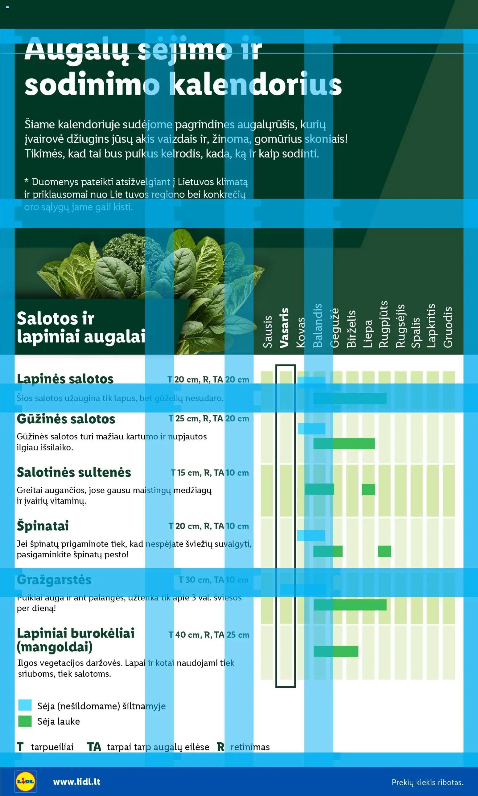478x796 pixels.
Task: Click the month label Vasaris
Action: (284, 328)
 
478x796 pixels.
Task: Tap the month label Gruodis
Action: (448, 327)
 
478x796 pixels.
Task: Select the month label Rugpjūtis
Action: (383, 324)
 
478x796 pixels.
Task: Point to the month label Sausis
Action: (268, 332)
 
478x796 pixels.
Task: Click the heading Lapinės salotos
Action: (65, 379)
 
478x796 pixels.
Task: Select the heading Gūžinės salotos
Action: (66, 419)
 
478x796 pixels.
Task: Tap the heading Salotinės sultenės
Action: (74, 472)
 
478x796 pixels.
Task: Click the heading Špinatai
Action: (43, 526)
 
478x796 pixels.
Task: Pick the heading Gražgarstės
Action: (54, 580)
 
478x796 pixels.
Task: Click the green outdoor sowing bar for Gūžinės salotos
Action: (344, 443)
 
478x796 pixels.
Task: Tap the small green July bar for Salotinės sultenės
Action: (368, 489)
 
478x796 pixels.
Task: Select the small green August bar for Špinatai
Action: (384, 551)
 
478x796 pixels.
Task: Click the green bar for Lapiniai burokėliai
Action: (336, 651)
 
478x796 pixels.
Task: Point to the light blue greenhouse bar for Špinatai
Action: (311, 535)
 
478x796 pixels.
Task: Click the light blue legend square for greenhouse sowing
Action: (25, 705)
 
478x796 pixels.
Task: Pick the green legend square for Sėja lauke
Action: (25, 721)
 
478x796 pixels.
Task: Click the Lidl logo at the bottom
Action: (26, 781)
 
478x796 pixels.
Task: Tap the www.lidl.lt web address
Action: (77, 782)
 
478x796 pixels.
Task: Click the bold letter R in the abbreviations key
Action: (220, 747)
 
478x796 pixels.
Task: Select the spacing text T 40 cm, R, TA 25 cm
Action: (209, 635)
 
